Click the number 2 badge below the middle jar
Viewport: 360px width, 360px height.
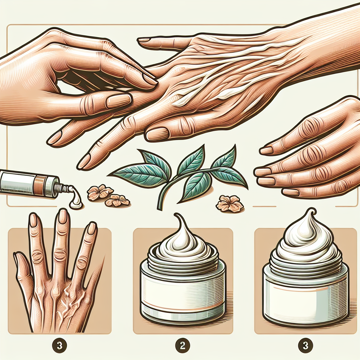point(182,346)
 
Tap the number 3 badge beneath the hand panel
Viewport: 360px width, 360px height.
point(59,346)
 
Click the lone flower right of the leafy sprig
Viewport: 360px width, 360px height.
point(230,203)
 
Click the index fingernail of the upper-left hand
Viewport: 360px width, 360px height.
point(149,79)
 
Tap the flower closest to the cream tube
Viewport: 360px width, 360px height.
point(100,192)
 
